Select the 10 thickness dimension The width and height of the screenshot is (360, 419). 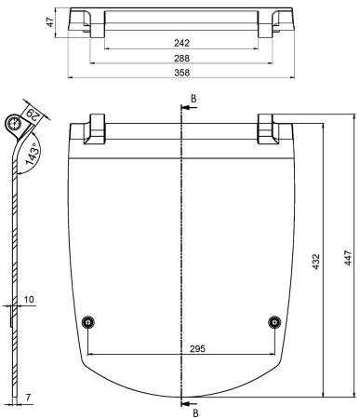coord(28,299)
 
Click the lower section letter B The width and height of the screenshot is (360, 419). coord(193,411)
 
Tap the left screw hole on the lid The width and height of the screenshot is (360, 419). coord(87,321)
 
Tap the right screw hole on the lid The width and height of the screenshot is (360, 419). coord(273,321)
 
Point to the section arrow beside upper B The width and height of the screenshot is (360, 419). coord(184,107)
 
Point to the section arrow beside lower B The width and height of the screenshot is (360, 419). coord(184,403)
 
